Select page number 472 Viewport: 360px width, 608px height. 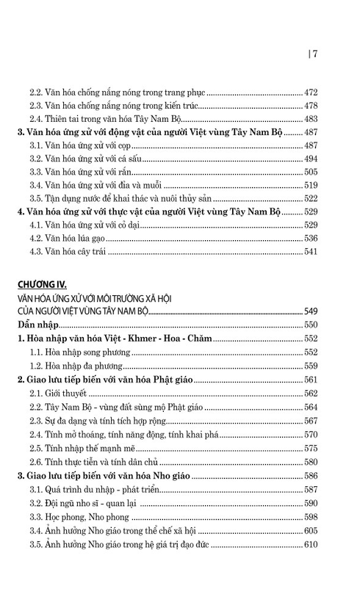click(x=311, y=93)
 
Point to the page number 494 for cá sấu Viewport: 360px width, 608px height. click(x=311, y=159)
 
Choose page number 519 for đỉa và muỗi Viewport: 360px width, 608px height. click(x=311, y=185)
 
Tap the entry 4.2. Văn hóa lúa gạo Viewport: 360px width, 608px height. click(x=73, y=238)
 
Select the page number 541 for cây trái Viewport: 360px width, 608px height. click(x=311, y=251)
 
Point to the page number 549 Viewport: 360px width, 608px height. click(x=311, y=311)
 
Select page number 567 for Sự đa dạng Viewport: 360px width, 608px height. click(x=311, y=420)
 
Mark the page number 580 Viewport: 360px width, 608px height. click(x=311, y=461)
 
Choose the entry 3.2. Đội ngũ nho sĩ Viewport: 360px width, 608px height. click(x=84, y=503)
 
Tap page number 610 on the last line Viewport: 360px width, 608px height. click(x=311, y=544)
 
